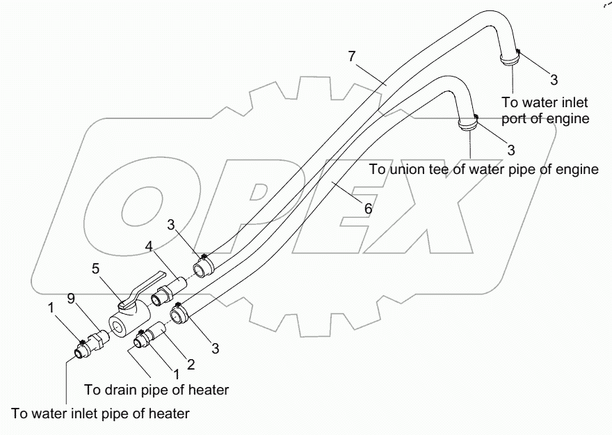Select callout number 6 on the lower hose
point(369,208)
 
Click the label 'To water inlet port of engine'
point(550,109)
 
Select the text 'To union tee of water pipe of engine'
point(483,169)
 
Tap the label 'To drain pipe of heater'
point(156,389)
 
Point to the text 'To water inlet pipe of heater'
point(100,413)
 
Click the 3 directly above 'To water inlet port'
point(554,79)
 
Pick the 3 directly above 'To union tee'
point(511,150)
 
